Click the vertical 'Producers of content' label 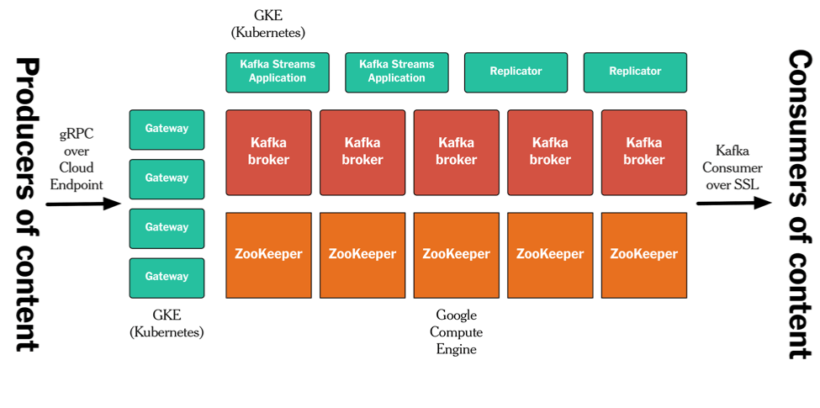(x=28, y=204)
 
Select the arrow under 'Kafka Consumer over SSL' (x=733, y=203)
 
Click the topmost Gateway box (x=167, y=130)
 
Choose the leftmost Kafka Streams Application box (x=278, y=72)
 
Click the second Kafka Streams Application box (x=397, y=72)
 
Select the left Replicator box (x=516, y=72)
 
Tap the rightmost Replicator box (x=635, y=72)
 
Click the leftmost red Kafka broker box (x=269, y=152)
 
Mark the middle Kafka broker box (x=457, y=152)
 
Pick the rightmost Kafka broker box (x=644, y=152)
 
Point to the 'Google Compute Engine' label (x=457, y=331)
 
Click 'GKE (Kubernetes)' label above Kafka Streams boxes (x=268, y=24)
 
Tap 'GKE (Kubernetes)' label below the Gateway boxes (x=167, y=324)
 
